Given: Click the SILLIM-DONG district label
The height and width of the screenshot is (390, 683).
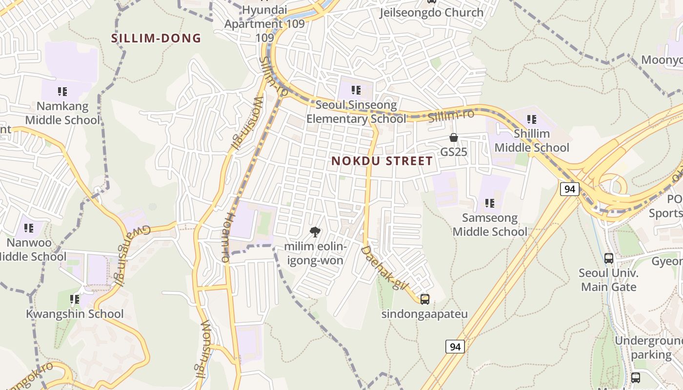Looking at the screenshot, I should point(156,38).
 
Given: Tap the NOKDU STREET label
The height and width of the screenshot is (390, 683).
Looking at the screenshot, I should point(382,161).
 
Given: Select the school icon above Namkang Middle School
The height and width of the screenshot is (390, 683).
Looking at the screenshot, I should point(62,91).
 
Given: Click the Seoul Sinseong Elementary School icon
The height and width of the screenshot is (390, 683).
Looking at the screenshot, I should point(356,90).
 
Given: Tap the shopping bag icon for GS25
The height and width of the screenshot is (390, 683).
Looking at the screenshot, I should point(454,138).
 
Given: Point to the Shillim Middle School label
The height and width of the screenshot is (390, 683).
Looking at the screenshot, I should point(532,140).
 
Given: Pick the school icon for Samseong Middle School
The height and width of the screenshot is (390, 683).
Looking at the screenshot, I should point(490,203).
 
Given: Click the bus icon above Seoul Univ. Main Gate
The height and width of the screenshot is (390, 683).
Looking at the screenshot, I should point(609,258).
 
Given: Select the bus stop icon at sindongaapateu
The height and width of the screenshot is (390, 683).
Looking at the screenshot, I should point(425,299).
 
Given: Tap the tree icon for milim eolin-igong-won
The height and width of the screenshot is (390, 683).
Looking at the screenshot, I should point(315,232).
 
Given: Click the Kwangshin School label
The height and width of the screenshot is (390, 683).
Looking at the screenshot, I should point(75,314).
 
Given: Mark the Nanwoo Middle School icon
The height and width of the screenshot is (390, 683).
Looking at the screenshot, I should point(29,228).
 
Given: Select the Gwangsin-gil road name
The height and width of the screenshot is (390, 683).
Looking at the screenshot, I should point(121,256).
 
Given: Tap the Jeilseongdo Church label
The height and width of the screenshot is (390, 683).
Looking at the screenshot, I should point(432,12).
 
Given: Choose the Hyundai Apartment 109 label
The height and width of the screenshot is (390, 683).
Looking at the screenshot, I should point(264,23).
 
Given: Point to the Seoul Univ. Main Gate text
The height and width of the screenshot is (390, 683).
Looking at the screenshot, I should point(608,280).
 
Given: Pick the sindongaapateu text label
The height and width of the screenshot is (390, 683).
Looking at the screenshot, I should point(424,314).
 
